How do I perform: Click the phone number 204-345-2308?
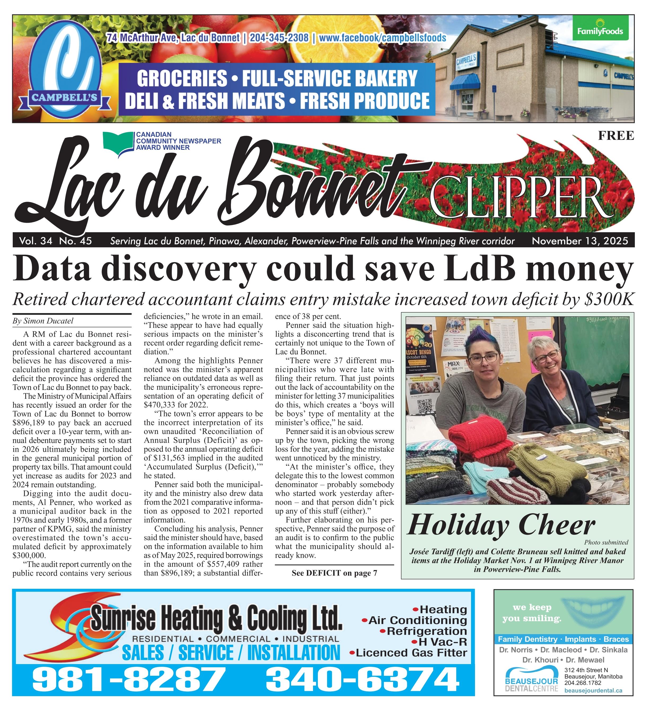pos(279,37)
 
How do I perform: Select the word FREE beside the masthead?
pos(616,136)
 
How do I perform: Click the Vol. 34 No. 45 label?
pos(56,241)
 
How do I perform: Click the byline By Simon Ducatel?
pos(43,321)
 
